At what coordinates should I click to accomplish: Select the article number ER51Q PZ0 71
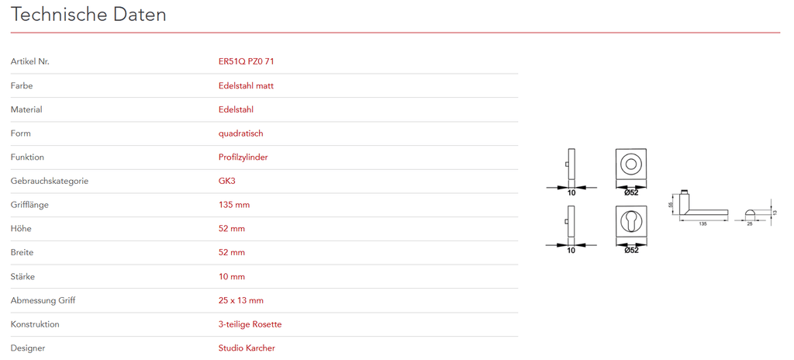246,61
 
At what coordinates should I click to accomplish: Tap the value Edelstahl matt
246,85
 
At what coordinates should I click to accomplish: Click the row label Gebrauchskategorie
50,181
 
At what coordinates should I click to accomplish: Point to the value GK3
228,181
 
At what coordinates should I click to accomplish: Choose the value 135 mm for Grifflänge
234,205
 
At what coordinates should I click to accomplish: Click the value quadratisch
240,133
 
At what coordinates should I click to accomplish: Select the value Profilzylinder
243,157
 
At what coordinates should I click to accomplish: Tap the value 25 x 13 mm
240,300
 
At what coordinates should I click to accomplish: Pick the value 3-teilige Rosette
250,324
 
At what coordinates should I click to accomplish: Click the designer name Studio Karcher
247,348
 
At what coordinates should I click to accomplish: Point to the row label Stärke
22,276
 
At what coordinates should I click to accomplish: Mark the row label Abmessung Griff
43,300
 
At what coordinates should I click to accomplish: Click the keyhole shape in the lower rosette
630,222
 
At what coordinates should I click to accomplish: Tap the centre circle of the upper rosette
630,164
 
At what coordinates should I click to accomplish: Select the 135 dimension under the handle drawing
703,223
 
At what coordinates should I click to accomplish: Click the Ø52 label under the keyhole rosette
631,250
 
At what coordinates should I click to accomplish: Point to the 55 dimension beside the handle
671,205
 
